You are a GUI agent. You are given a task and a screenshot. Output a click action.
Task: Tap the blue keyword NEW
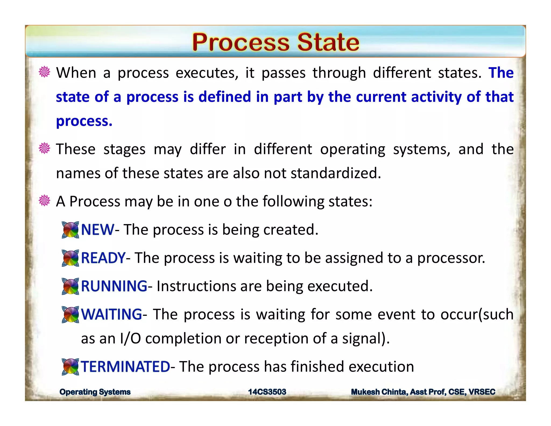(x=97, y=230)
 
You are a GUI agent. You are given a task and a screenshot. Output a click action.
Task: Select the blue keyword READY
(x=103, y=258)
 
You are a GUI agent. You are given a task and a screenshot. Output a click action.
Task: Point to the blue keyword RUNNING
(x=114, y=286)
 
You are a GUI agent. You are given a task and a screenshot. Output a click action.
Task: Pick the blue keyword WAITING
(x=111, y=314)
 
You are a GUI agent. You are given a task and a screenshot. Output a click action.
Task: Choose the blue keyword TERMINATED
(x=125, y=367)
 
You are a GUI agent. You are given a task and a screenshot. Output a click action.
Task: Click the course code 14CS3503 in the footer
(x=267, y=392)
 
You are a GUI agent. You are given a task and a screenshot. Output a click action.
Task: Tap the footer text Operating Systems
(x=95, y=392)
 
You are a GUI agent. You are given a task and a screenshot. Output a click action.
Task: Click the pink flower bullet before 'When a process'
(x=44, y=72)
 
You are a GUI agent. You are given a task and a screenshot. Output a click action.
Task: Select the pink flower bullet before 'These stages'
(x=44, y=148)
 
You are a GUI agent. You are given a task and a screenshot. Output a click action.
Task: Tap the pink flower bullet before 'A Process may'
(x=44, y=201)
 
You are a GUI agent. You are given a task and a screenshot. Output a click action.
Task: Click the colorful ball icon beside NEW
(x=70, y=230)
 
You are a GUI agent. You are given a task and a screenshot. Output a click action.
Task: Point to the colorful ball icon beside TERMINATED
(x=70, y=367)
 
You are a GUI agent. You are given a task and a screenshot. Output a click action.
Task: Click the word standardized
(x=335, y=173)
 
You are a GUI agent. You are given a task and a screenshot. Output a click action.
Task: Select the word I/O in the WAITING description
(x=130, y=338)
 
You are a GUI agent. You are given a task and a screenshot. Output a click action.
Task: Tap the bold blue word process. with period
(x=84, y=121)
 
